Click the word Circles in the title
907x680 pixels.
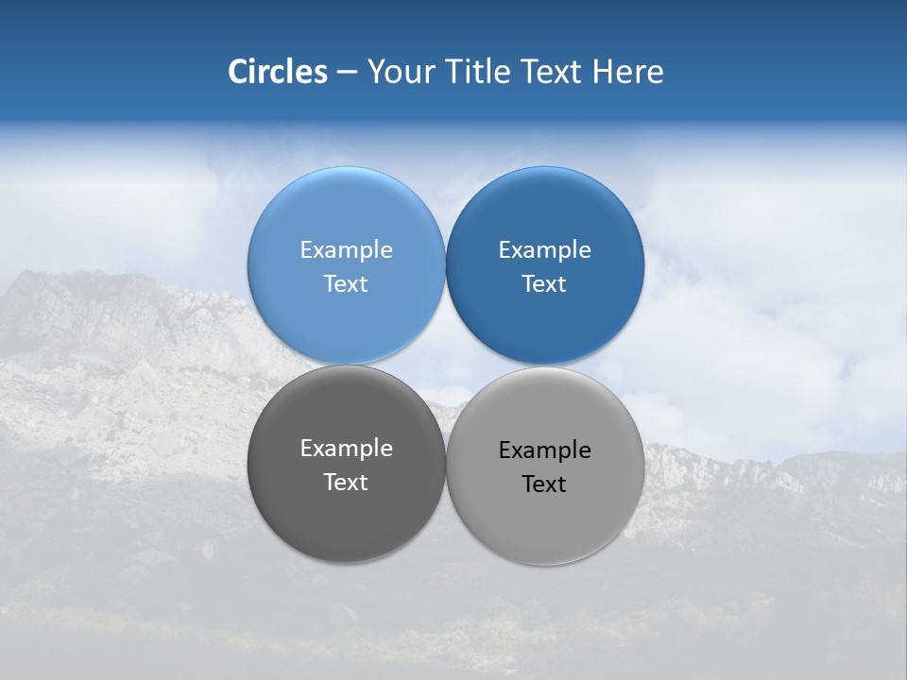277,72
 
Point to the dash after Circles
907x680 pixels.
347,73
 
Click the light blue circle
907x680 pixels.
346,217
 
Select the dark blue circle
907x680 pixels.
544,217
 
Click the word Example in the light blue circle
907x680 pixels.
346,249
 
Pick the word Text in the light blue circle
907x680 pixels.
346,283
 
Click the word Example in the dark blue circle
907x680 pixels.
544,249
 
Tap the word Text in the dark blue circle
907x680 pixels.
544,283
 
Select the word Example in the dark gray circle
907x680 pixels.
346,448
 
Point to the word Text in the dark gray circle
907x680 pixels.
346,482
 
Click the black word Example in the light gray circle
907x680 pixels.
544,450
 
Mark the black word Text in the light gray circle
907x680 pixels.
544,484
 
